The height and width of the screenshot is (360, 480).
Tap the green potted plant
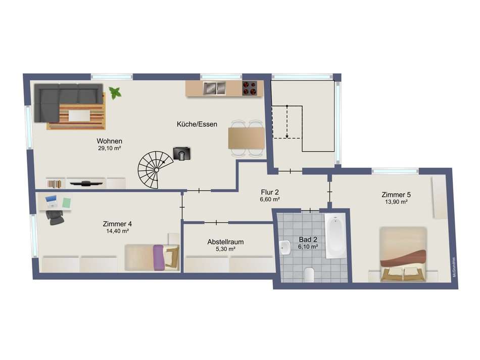coord(115,93)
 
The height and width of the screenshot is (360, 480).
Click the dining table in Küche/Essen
coord(246,138)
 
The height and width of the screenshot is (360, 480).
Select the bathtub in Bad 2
coord(334,236)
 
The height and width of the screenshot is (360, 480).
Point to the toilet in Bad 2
coord(310,275)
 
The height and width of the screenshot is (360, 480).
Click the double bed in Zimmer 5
coord(403,254)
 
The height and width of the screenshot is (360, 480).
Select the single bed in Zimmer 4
coord(152,256)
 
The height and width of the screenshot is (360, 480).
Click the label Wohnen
coord(110,141)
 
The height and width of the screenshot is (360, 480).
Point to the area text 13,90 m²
coord(396,201)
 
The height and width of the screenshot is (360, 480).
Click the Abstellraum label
coord(225,242)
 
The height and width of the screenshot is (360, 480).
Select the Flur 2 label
coord(270,192)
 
